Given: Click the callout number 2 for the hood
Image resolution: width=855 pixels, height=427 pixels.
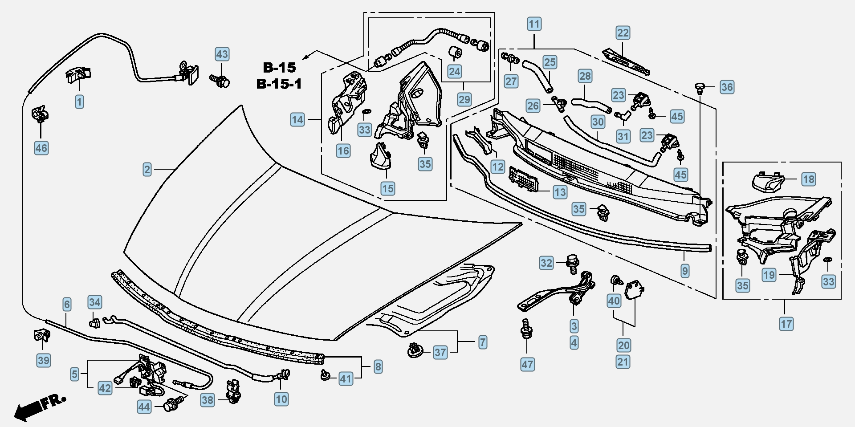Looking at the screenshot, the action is coord(147,170).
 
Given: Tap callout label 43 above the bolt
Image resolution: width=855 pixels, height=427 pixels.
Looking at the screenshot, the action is coord(222,54).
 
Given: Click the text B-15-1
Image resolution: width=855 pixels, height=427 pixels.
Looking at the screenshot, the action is coord(279,84).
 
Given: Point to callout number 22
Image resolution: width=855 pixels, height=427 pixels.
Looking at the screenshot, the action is coord(623,33).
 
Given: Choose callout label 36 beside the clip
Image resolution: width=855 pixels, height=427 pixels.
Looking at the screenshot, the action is coord(727,87).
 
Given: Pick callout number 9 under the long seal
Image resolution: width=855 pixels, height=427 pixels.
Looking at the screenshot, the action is coord(685,271).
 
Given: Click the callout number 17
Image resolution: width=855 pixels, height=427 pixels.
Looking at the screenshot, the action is coord(786,324).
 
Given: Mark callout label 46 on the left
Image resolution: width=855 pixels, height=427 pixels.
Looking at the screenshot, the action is coord(41,148).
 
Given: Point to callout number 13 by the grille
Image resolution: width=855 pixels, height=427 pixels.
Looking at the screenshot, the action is coord(560,192).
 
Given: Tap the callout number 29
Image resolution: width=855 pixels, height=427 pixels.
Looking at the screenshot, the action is coord(464,99).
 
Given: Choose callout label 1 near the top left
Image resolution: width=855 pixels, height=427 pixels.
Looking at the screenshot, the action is coord(79,102).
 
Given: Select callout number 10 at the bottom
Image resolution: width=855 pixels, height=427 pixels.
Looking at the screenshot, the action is coord(281,399).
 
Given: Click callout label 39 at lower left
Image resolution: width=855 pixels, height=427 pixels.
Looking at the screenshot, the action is coord(43,360).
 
